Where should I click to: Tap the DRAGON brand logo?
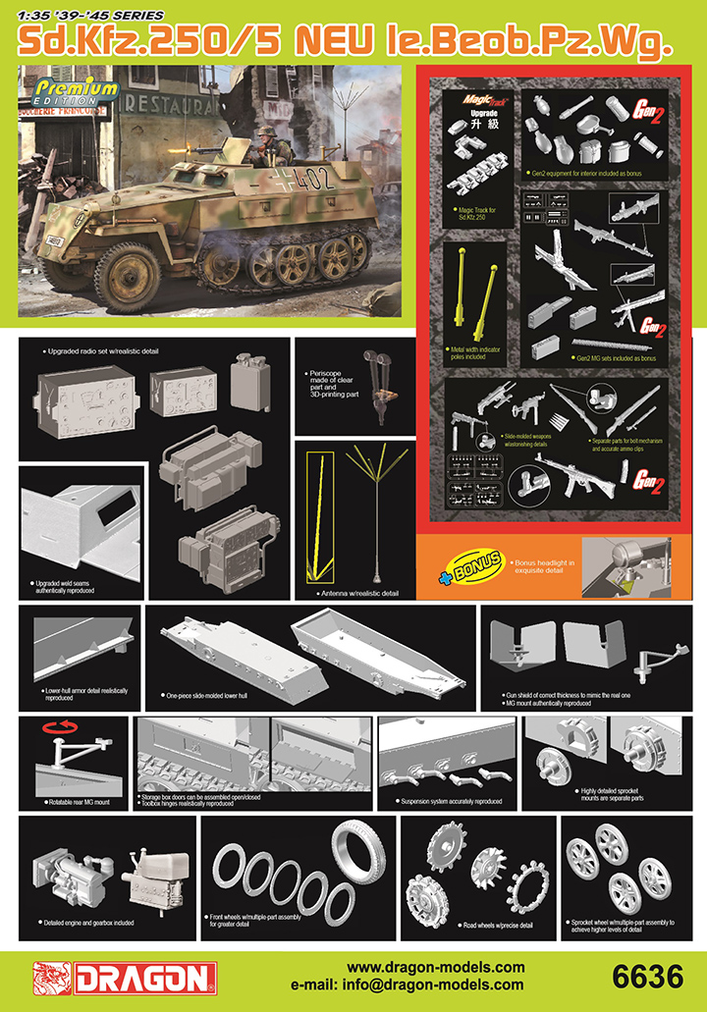(x=124, y=978)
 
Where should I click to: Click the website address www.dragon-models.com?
(x=436, y=967)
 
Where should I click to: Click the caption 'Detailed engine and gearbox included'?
(x=88, y=922)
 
